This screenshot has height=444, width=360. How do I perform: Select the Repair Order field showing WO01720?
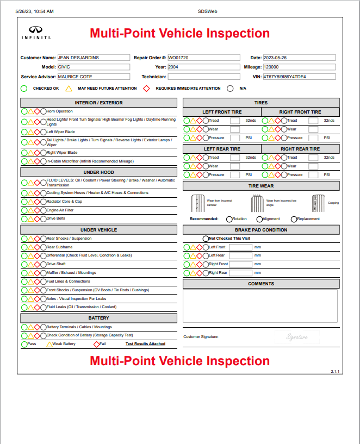click(x=203, y=58)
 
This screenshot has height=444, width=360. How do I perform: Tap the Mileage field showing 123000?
click(x=299, y=67)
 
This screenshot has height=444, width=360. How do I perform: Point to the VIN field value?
click(x=299, y=77)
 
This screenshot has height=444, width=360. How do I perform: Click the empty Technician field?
click(x=203, y=77)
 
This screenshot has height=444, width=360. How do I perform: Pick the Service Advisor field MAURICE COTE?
click(x=94, y=77)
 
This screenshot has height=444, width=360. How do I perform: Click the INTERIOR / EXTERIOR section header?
click(x=98, y=103)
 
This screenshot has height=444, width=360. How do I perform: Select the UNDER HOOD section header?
click(x=98, y=172)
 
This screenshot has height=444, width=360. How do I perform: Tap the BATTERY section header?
click(x=98, y=318)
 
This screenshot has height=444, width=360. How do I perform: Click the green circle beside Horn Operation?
click(x=24, y=111)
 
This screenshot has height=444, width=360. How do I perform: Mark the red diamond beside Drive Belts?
click(x=38, y=218)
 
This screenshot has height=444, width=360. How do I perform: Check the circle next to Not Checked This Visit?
click(x=206, y=239)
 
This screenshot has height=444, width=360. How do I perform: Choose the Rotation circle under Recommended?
click(x=229, y=220)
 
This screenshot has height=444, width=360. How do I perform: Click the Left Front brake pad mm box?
click(x=240, y=247)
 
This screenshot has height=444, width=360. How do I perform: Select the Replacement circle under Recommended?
click(x=294, y=220)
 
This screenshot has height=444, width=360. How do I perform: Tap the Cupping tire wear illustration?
click(x=330, y=203)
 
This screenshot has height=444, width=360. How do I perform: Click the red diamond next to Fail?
click(x=96, y=344)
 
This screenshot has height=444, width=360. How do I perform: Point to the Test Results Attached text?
click(x=145, y=344)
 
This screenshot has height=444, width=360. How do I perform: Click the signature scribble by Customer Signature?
click(x=297, y=337)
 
